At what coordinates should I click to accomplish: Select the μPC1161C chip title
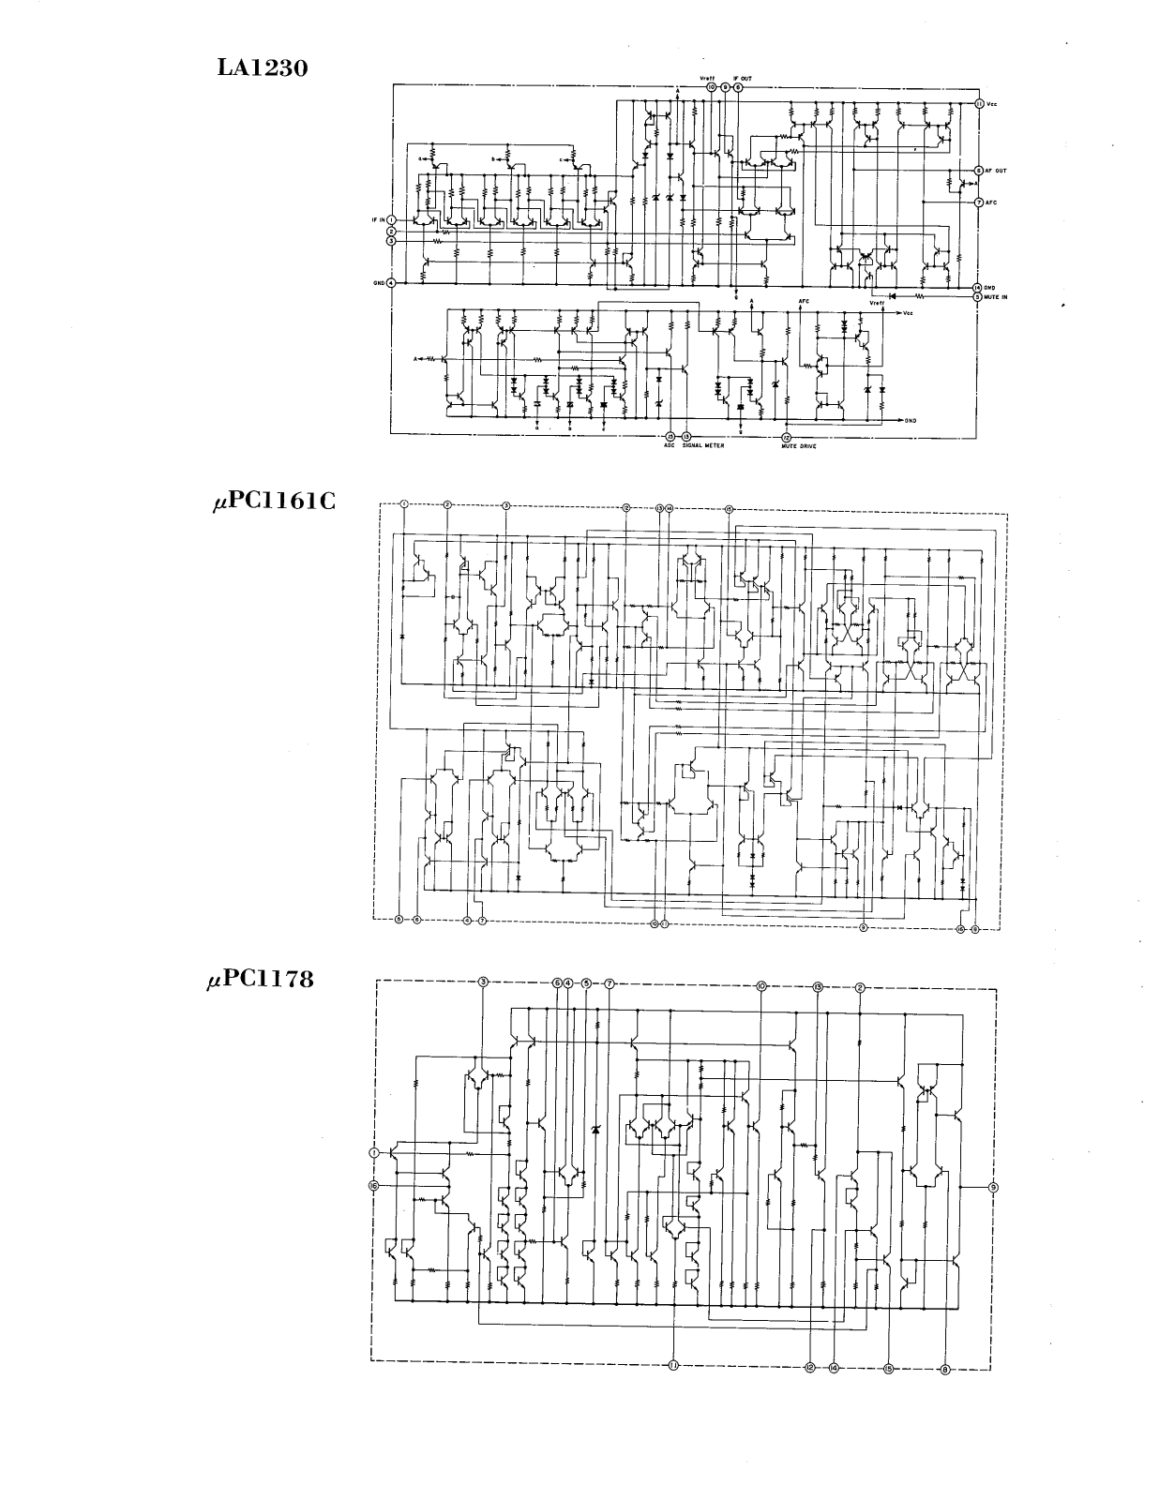[x=273, y=501]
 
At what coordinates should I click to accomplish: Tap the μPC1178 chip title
[x=261, y=981]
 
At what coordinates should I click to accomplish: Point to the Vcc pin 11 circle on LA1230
[x=979, y=104]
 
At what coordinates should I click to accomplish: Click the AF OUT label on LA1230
[x=995, y=171]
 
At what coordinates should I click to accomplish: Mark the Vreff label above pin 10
[x=708, y=79]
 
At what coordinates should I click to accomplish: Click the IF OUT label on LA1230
[x=742, y=79]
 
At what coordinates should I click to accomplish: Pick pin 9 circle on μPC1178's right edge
[x=993, y=1187]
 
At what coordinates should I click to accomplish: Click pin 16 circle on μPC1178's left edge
[x=374, y=1186]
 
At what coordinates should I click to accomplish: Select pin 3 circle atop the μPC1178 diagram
[x=483, y=982]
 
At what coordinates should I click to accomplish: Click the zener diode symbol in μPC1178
[x=595, y=1130]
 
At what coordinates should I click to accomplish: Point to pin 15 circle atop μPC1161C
[x=729, y=508]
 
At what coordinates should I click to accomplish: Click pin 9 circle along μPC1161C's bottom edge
[x=863, y=927]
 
